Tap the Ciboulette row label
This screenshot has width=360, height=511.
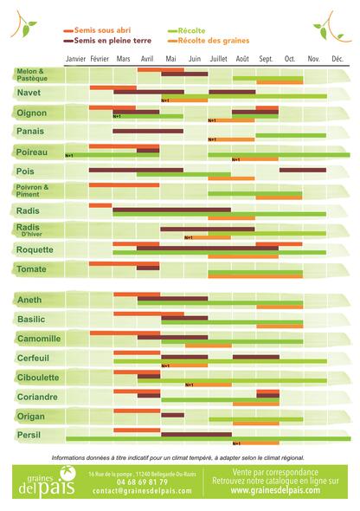coord(38,378)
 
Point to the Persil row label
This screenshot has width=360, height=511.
coord(29,435)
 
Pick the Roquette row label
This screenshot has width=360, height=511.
coord(35,249)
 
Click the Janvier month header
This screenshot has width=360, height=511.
coord(76,58)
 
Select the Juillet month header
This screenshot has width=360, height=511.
coord(218,58)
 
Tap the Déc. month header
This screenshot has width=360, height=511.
coord(337,58)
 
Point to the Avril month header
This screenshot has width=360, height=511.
coord(147,58)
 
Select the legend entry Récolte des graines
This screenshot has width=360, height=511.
coord(211,40)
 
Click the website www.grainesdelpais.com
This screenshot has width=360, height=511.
coord(275,489)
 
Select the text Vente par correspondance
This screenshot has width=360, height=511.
coord(275,470)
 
